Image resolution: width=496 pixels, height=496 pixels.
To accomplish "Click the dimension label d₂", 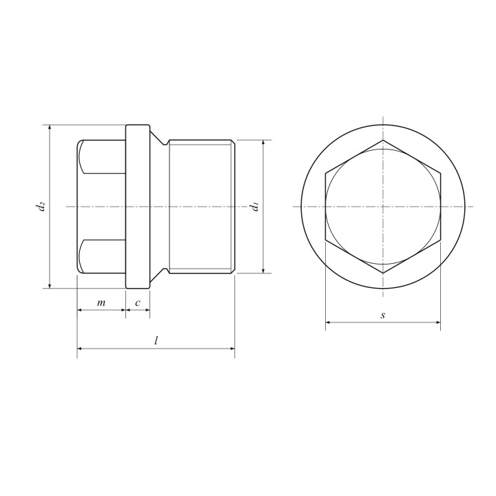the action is click(x=41, y=206).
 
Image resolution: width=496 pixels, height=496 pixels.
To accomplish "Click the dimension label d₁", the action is click(x=254, y=206).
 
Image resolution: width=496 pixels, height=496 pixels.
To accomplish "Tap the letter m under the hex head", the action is click(x=101, y=303).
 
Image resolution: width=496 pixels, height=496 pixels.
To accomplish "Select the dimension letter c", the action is click(x=138, y=303).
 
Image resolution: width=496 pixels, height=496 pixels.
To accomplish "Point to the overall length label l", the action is click(x=156, y=341).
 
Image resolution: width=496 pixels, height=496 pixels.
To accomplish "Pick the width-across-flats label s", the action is click(x=383, y=315).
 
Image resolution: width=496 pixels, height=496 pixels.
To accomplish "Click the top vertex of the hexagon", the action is click(x=383, y=140).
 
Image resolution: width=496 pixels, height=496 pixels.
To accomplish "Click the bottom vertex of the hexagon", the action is click(x=383, y=273).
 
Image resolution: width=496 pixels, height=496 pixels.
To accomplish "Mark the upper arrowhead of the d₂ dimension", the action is click(x=50, y=127).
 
